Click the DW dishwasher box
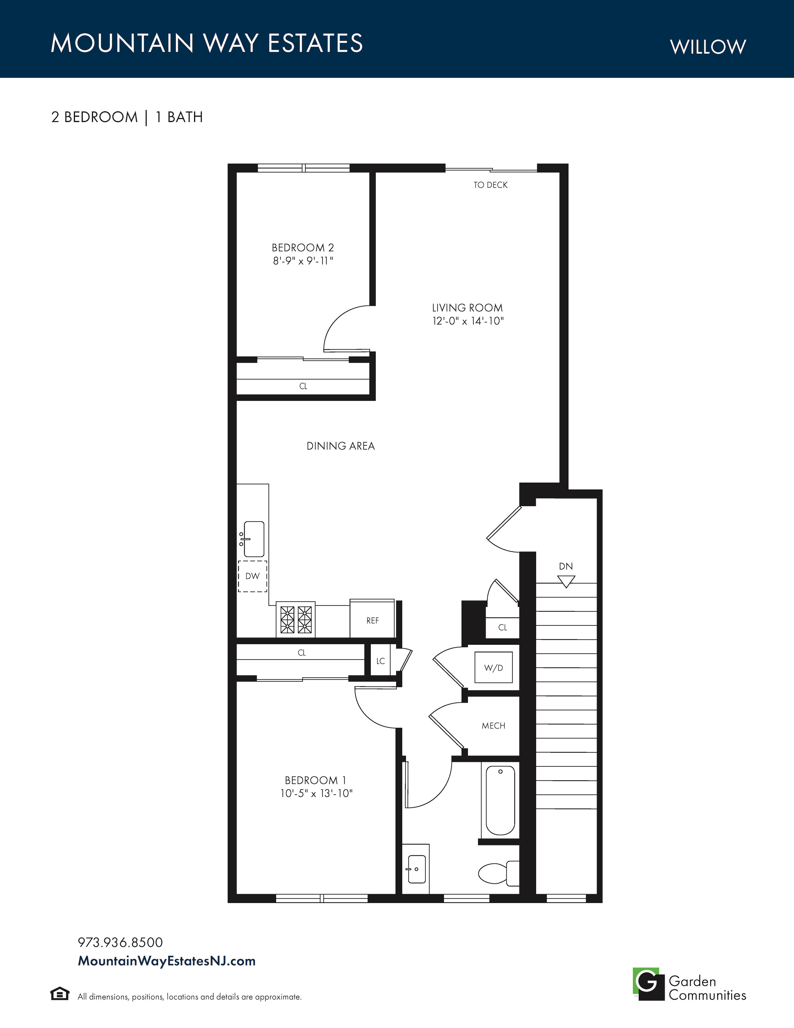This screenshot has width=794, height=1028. point(253,576)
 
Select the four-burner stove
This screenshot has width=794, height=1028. point(296,619)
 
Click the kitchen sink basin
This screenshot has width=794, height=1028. point(254,539)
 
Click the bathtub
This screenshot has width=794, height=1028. point(500,800)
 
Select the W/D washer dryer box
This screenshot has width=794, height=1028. point(494,668)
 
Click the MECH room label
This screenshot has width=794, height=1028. point(494,726)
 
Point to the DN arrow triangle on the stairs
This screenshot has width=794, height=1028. point(566,582)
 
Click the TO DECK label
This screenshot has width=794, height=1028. point(491,185)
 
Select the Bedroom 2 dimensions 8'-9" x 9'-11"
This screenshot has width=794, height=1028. point(303,261)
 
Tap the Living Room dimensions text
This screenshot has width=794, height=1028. point(468,321)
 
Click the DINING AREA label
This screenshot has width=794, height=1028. point(341,446)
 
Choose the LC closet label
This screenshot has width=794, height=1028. point(380,661)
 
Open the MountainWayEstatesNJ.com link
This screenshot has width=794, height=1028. point(167,961)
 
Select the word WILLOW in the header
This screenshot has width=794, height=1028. point(708,47)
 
